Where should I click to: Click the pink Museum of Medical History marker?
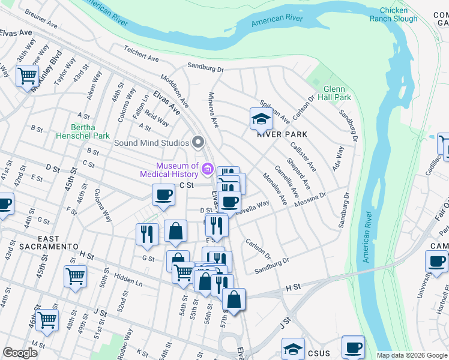click(208, 169)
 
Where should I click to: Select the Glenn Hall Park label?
click(337, 93)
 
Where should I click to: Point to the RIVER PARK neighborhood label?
click(282, 134)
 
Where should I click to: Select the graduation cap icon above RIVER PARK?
click(261, 119)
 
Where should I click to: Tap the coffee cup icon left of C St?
click(163, 194)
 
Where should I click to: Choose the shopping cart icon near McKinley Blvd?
click(27, 76)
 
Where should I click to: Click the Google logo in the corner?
click(20, 353)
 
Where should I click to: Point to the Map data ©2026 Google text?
click(412, 355)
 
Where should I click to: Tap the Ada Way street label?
click(339, 157)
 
